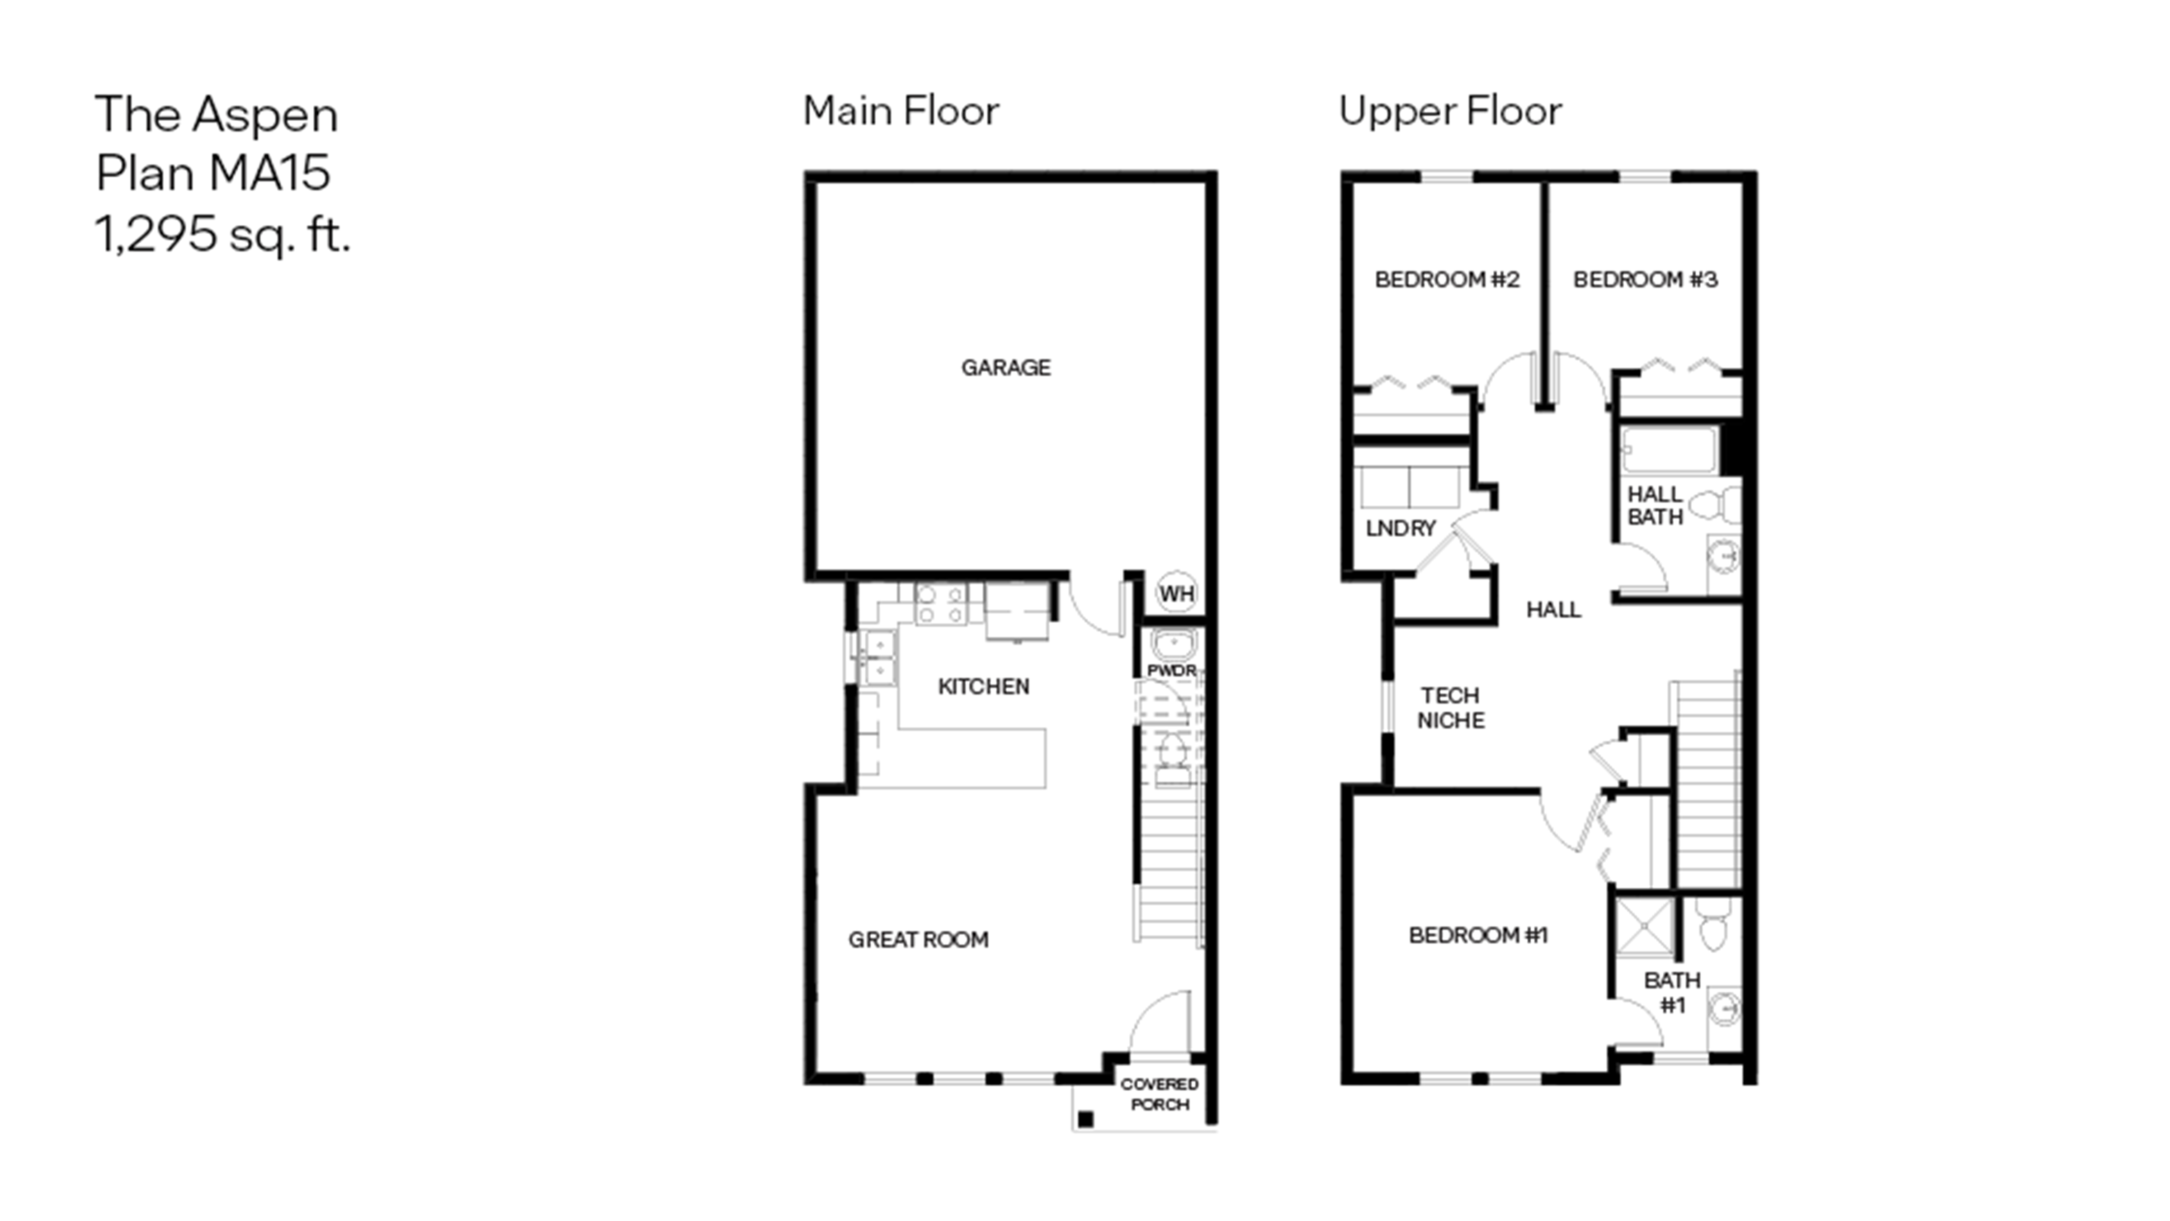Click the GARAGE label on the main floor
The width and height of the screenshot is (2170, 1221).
tap(1006, 367)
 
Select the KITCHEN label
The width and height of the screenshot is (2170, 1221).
tap(983, 687)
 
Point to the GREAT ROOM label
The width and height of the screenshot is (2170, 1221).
tap(918, 940)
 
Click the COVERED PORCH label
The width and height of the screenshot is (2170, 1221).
tap(1159, 1094)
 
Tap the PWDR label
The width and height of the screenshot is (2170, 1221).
tap(1171, 671)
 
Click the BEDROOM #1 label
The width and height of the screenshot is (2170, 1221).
tap(1478, 935)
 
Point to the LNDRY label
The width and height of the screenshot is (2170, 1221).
tap(1400, 528)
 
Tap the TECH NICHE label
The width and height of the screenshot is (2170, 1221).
tap(1451, 708)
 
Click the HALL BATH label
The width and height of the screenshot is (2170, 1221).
tap(1655, 506)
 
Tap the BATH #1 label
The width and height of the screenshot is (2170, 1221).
tap(1672, 993)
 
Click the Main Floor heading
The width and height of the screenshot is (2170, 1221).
tap(901, 111)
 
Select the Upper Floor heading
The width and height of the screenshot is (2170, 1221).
tap(1450, 111)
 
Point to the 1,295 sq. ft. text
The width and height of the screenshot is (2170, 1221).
tap(222, 234)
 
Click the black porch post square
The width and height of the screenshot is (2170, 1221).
tap(1086, 1119)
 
